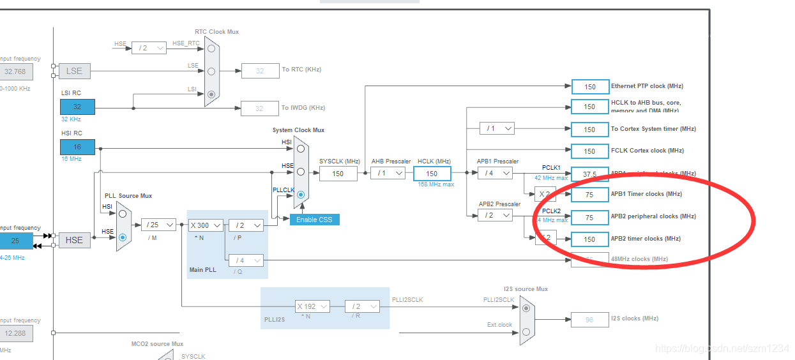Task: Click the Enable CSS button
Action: pos(314,220)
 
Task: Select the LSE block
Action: pos(74,71)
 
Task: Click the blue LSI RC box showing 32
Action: pos(77,107)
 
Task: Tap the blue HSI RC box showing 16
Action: pos(77,147)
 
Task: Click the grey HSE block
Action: pos(74,240)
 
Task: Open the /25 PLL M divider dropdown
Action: pos(158,225)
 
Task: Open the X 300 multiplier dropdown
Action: pos(205,225)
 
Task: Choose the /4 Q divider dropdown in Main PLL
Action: pos(246,260)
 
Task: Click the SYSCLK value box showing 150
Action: pos(338,173)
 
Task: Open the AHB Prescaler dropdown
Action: pos(388,173)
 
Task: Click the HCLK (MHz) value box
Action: pos(432,173)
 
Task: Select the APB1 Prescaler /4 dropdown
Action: pos(495,173)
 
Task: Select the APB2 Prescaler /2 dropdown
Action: pos(495,215)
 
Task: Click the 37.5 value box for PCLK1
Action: pos(589,174)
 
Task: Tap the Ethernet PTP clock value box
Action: pos(589,87)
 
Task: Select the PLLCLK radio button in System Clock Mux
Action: pos(301,194)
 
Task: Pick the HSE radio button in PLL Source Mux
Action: pos(123,237)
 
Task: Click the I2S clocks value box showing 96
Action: pos(589,319)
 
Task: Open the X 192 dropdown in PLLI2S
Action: pos(312,306)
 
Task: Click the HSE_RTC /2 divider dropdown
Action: pos(149,48)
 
